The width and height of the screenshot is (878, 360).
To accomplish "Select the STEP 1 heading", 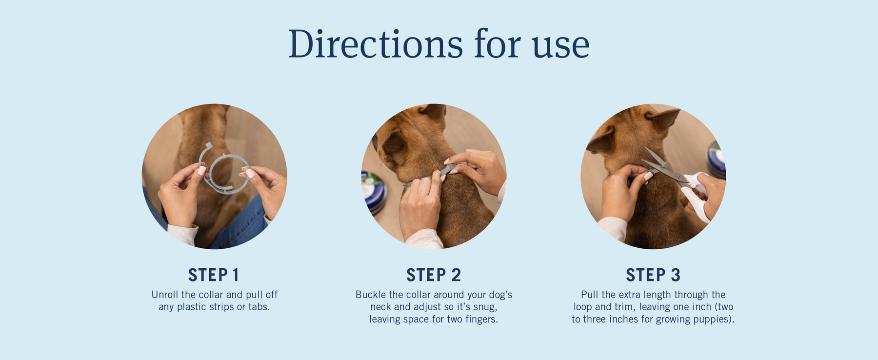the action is (x=214, y=275).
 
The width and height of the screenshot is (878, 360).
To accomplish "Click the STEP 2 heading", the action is (x=434, y=275).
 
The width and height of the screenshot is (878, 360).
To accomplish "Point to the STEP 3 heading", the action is (x=653, y=275).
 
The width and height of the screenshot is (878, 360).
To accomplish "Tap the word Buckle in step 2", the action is (x=371, y=295).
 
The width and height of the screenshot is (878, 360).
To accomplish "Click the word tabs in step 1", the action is (x=259, y=307).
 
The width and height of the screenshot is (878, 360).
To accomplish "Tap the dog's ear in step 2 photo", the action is (x=394, y=144).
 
